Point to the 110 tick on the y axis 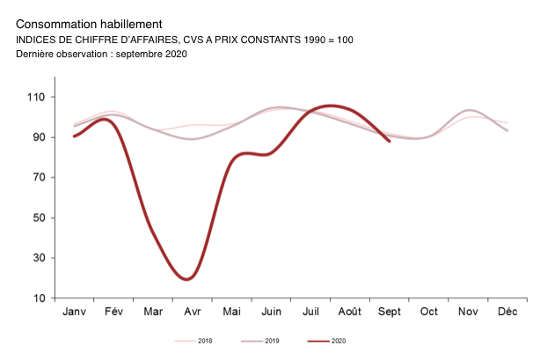click(x=40, y=97)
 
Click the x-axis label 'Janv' click(x=75, y=312)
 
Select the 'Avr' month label click(x=192, y=312)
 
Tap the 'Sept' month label click(x=390, y=312)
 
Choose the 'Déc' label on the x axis click(x=507, y=312)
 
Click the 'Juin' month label click(x=272, y=312)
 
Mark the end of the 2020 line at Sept click(x=390, y=141)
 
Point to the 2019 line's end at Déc click(x=507, y=130)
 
